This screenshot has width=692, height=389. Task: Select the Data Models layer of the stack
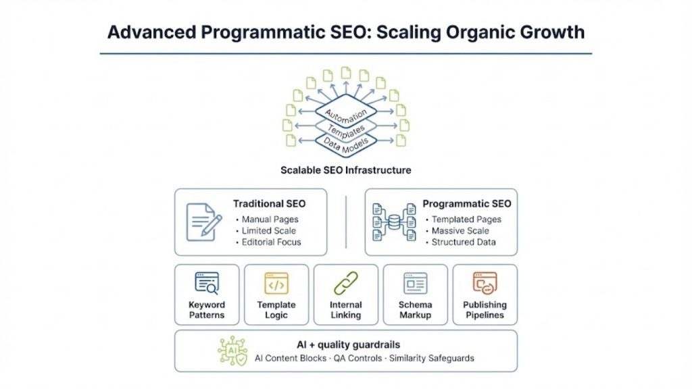345,142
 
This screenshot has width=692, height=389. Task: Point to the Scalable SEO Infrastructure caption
345,170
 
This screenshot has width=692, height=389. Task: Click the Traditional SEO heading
269,203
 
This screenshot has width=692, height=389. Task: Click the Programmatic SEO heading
466,203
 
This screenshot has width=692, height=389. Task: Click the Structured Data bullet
464,242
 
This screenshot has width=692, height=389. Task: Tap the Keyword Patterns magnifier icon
207,283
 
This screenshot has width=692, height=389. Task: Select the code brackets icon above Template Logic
276,283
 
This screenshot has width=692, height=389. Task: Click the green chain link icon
345,283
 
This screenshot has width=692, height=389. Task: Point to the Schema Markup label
415,310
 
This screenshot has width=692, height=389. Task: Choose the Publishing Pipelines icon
485,283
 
